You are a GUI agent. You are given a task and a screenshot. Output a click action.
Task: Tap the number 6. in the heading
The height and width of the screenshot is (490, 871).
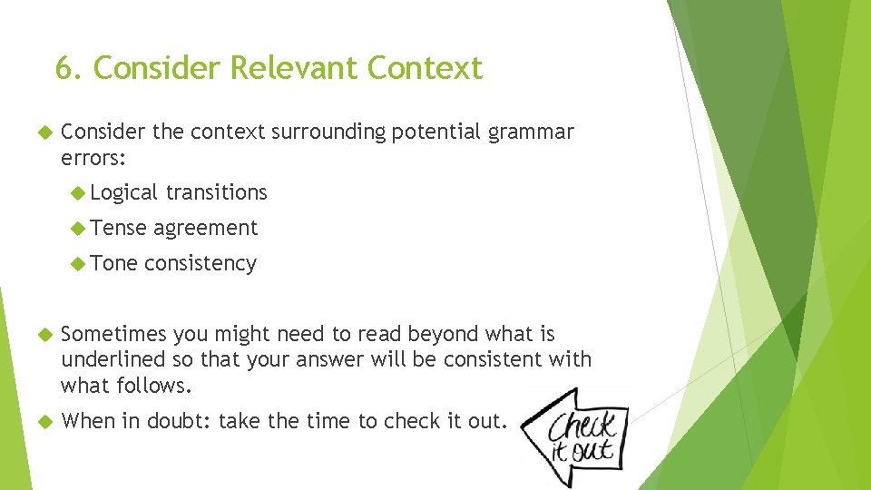69,68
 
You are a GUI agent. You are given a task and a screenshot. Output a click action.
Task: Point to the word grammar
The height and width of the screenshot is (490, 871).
531,132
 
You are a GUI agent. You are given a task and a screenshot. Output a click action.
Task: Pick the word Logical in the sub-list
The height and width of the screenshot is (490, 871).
124,192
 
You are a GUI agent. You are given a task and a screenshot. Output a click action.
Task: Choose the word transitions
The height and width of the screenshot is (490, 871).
216,192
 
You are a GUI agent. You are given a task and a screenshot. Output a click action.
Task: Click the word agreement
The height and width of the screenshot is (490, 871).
206,228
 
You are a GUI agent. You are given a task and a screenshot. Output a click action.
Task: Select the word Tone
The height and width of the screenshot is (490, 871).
113,263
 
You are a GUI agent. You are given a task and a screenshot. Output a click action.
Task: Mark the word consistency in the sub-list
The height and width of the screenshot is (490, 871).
200,263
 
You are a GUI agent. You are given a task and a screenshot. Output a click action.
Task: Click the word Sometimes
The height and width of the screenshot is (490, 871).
113,334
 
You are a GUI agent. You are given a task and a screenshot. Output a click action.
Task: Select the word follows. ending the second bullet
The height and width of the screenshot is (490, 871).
156,385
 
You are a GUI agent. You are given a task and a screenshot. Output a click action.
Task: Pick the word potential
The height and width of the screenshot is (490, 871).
439,132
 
